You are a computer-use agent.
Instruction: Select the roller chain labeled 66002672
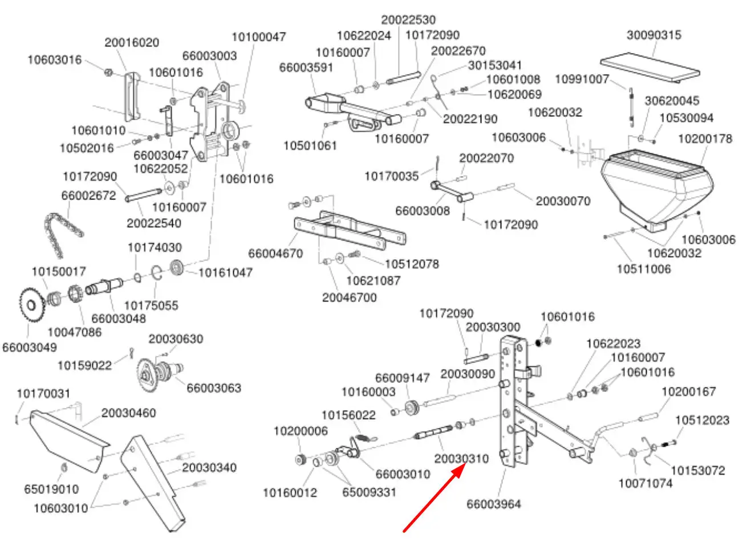point(64,226)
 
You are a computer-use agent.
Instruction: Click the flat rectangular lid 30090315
point(649,66)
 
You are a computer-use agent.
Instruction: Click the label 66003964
point(494,504)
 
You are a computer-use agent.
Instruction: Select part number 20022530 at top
point(408,19)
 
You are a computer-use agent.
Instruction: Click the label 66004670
point(275,252)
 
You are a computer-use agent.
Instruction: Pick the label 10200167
point(688,392)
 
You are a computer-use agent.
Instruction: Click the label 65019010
point(51,489)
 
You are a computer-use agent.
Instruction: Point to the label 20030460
point(128,413)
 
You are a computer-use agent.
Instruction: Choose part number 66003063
point(214,387)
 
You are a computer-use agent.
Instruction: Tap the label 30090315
point(653,35)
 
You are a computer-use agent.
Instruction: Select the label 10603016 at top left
point(55,59)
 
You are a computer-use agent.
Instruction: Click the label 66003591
point(306,67)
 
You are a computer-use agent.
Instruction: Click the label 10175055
point(151,305)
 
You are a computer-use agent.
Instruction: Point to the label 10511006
point(644,268)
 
